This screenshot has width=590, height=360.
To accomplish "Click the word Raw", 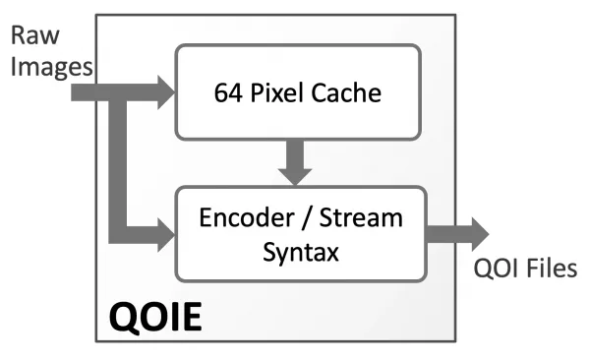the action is click(x=35, y=35).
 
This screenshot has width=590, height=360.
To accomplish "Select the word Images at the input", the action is click(x=51, y=68).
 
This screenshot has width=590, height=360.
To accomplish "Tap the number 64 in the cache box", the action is click(x=228, y=92).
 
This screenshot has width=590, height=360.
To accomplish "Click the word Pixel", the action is click(x=277, y=92).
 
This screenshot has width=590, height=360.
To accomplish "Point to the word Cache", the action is click(x=346, y=92).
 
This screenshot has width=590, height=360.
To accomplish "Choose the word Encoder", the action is click(x=247, y=217).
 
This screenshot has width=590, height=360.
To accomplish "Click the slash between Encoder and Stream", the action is click(x=306, y=218).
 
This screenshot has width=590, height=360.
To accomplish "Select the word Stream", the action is click(x=361, y=217).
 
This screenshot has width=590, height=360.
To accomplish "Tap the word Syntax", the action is click(x=301, y=252).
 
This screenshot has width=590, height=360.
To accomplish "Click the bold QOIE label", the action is click(x=155, y=317).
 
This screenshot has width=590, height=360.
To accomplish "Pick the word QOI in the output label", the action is click(x=496, y=269).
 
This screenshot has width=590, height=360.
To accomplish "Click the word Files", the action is click(x=552, y=269).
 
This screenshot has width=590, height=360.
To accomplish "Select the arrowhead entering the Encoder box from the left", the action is click(x=166, y=234).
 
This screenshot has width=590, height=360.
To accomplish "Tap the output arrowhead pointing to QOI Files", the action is click(x=481, y=234).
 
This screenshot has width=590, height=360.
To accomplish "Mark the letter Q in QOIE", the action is click(x=123, y=318).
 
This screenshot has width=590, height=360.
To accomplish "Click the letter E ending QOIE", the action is click(x=192, y=317).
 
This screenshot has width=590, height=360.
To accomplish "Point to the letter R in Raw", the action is click(x=19, y=35).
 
